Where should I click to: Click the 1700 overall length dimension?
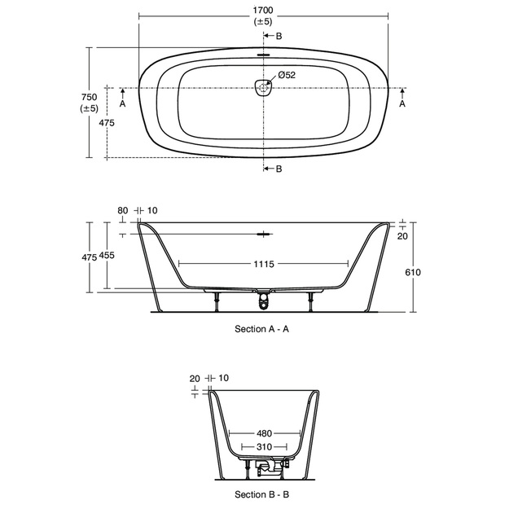click(x=263, y=11)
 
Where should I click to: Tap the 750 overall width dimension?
click(x=90, y=97)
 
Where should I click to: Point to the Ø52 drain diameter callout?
click(x=287, y=75)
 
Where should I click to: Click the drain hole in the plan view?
click(x=263, y=88)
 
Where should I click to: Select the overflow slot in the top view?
click(x=263, y=55)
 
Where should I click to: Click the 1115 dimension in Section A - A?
click(x=264, y=264)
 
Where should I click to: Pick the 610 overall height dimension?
click(x=413, y=272)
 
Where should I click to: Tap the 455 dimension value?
click(x=107, y=256)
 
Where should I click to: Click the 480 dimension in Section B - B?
click(x=264, y=433)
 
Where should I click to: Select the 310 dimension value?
click(x=264, y=447)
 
